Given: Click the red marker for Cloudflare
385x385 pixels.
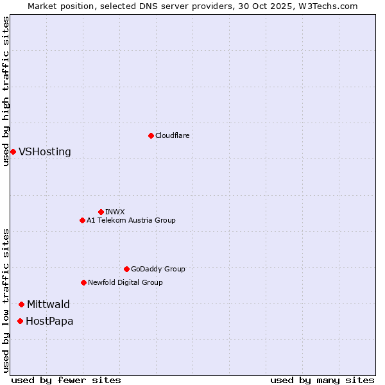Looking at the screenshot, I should pyautogui.click(x=151, y=135).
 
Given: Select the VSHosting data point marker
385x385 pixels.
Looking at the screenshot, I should pyautogui.click(x=13, y=151).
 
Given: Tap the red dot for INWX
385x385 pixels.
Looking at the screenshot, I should pyautogui.click(x=101, y=212).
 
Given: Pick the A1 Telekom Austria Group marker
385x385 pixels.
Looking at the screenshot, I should pyautogui.click(x=82, y=220).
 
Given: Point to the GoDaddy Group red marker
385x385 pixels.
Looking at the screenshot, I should pyautogui.click(x=126, y=269).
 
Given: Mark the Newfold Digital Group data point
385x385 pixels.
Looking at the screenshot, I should pyautogui.click(x=83, y=282).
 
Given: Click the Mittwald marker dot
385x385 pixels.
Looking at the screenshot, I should pyautogui.click(x=21, y=304).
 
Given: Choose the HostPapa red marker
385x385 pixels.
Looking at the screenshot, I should pyautogui.click(x=21, y=321).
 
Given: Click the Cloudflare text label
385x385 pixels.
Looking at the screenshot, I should pyautogui.click(x=172, y=135).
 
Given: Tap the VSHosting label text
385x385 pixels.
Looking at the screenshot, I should pyautogui.click(x=45, y=152).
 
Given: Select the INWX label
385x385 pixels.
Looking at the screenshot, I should pyautogui.click(x=115, y=212).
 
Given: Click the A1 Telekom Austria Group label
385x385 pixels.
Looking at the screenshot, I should pyautogui.click(x=131, y=220).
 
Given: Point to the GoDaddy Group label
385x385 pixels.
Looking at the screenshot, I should pyautogui.click(x=158, y=269).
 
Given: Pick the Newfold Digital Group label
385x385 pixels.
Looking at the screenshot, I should pyautogui.click(x=125, y=282).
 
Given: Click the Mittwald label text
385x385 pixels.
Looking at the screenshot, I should pyautogui.click(x=48, y=305).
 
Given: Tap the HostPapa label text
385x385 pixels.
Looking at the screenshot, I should pyautogui.click(x=49, y=321).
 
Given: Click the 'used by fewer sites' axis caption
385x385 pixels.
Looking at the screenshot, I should pyautogui.click(x=66, y=380).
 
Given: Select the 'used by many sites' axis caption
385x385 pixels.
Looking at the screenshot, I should pyautogui.click(x=322, y=380).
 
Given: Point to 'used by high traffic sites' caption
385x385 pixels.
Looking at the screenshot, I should pyautogui.click(x=6, y=92).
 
